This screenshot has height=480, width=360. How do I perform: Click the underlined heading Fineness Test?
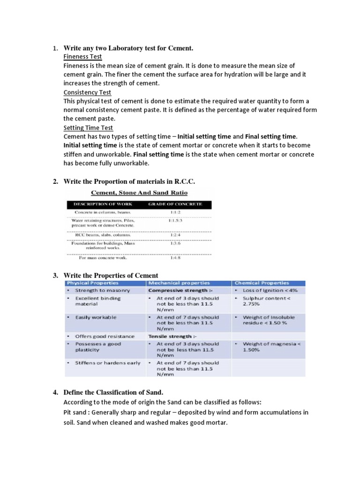pos(82,57)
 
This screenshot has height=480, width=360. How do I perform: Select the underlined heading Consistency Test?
pos(87,92)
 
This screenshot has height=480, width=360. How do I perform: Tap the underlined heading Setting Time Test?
pos(88,127)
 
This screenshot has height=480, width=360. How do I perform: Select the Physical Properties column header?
pos(93,283)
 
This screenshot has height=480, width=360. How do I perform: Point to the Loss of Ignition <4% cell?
pos(270,291)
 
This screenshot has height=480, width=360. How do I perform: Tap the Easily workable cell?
pos(96,317)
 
